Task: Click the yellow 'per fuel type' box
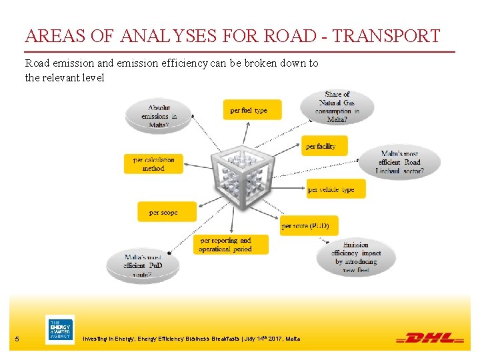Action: coord(251,110)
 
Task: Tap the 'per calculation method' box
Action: coord(153,164)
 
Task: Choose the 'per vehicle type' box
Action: coord(335,189)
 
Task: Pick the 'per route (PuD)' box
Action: coord(309,225)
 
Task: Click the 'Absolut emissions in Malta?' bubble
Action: coord(159,115)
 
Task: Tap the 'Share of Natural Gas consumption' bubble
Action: coord(337,107)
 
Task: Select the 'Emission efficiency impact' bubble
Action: coord(357,257)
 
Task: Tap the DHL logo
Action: coord(431,338)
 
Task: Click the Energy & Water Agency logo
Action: coord(59,330)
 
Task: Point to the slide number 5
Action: coord(17,340)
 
